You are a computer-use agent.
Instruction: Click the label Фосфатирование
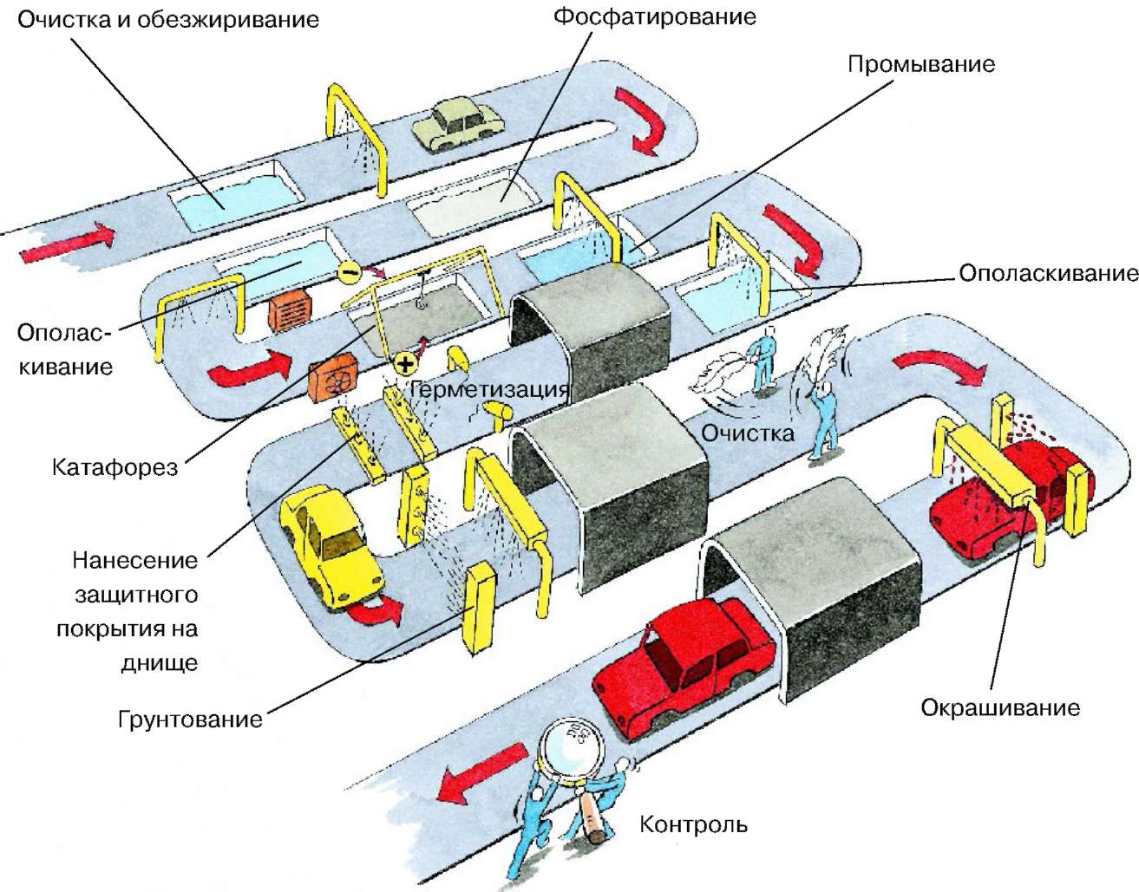tap(654, 16)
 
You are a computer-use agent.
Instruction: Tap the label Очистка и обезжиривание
tap(168, 20)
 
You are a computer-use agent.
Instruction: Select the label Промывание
tap(920, 64)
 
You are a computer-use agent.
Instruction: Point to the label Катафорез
tap(115, 468)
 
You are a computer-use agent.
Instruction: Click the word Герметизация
tap(489, 389)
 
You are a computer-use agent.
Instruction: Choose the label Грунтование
tap(190, 719)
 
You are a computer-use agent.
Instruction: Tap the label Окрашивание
tap(1000, 707)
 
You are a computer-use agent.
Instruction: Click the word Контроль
tap(693, 824)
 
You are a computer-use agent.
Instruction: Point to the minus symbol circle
tap(350, 272)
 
